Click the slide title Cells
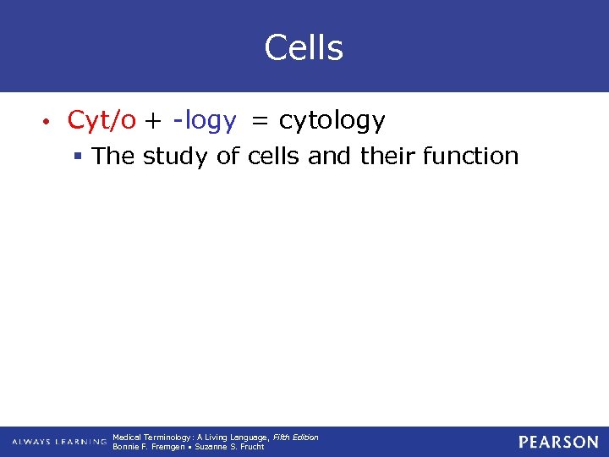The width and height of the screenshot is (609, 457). click(x=304, y=48)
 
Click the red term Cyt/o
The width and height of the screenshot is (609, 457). click(x=101, y=121)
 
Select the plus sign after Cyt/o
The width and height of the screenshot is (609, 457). click(x=153, y=122)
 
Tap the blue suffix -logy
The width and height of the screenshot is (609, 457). click(x=204, y=122)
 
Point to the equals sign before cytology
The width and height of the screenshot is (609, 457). click(x=261, y=122)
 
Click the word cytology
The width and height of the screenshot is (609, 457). click(x=332, y=122)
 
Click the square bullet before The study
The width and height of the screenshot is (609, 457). click(x=79, y=157)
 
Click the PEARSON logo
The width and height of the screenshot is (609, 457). click(x=558, y=442)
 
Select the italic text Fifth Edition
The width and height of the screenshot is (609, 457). click(x=295, y=437)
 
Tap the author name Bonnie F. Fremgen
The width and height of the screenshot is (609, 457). click(x=147, y=447)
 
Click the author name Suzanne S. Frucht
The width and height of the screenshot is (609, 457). click(x=230, y=447)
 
